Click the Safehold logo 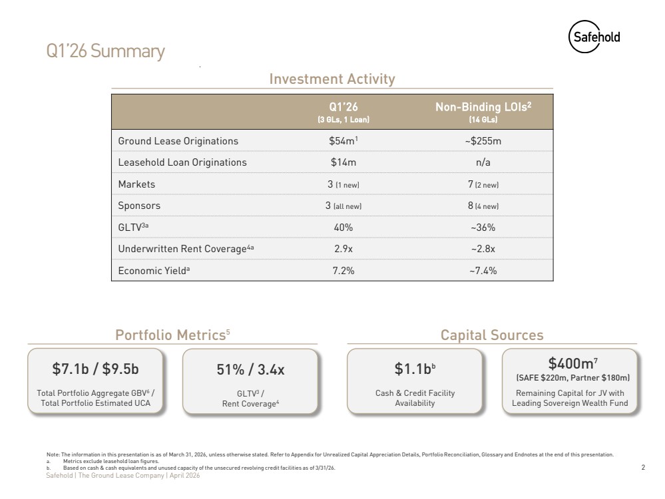(594, 37)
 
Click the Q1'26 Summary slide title (105, 51)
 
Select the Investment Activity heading (332, 79)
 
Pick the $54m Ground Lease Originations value (343, 141)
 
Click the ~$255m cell (483, 141)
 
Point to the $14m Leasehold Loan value (343, 162)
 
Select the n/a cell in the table (483, 162)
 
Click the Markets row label (136, 184)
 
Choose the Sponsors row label (139, 206)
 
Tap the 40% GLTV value (343, 228)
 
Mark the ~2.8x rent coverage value (483, 249)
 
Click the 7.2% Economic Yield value (343, 271)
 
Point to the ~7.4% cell (483, 271)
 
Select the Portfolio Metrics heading (172, 335)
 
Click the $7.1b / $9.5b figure (95, 369)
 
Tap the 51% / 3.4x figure (250, 369)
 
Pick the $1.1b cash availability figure (415, 369)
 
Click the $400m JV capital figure (572, 363)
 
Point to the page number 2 (643, 467)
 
